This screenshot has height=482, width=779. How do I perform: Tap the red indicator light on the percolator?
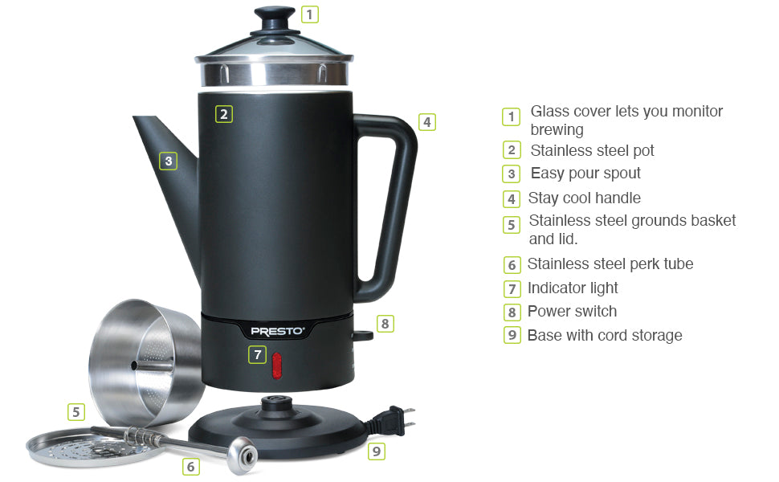click(x=277, y=365)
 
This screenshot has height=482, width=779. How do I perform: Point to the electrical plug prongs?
click(x=409, y=418)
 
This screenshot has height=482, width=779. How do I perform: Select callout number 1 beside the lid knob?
click(x=310, y=14)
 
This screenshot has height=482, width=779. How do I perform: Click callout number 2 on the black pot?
click(x=224, y=114)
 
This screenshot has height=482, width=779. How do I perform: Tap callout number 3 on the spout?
click(x=168, y=161)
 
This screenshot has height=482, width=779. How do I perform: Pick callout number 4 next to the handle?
click(x=427, y=122)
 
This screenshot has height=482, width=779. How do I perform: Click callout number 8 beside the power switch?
click(x=385, y=324)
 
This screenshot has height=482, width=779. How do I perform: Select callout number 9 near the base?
click(x=376, y=451)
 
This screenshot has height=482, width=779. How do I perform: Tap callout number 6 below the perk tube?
click(x=190, y=466)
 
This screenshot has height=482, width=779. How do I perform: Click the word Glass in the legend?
click(x=550, y=112)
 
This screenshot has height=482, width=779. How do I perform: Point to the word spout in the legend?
click(x=618, y=174)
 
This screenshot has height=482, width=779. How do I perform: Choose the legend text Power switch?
click(x=572, y=312)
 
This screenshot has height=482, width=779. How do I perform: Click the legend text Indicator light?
click(x=573, y=288)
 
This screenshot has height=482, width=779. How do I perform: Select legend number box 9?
click(x=512, y=335)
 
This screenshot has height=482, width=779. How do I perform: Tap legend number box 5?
click(x=512, y=225)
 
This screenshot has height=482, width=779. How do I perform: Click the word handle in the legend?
click(x=615, y=198)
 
